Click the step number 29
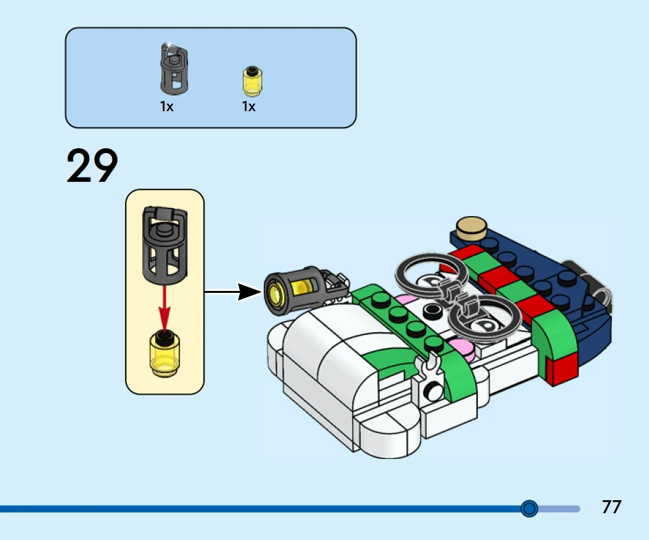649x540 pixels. coord(92,167)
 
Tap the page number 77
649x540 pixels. coord(611,507)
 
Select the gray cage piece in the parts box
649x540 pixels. coord(175,71)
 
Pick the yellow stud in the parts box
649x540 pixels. coord(253,82)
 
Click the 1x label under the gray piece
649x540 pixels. coord(167,107)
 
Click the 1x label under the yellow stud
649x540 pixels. coord(249,107)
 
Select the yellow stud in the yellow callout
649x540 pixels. coord(164,354)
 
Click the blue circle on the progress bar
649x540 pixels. coord(529,508)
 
